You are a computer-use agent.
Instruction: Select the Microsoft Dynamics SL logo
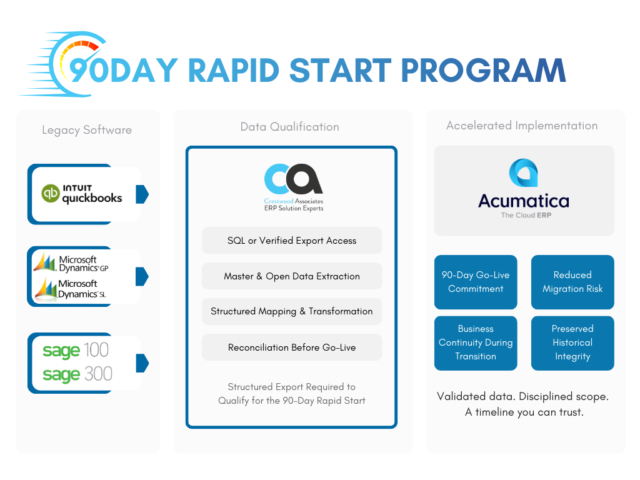click(74, 289)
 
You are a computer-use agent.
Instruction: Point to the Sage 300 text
click(77, 374)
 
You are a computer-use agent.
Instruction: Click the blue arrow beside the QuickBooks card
click(142, 194)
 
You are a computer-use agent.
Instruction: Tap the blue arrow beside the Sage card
click(142, 362)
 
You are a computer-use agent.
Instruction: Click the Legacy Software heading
click(87, 130)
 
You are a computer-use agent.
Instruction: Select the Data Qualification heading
click(290, 127)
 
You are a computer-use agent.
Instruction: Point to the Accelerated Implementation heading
click(522, 126)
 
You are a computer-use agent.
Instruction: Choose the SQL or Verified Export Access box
click(291, 241)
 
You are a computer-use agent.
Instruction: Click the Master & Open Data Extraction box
click(291, 276)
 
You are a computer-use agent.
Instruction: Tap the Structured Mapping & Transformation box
click(291, 311)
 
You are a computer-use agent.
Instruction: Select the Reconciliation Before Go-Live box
click(291, 347)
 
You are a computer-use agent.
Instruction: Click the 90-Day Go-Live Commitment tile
click(476, 282)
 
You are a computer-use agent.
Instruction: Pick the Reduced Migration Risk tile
click(572, 282)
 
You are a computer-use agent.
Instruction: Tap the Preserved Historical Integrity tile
click(572, 342)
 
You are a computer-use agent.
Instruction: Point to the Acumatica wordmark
click(524, 201)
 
